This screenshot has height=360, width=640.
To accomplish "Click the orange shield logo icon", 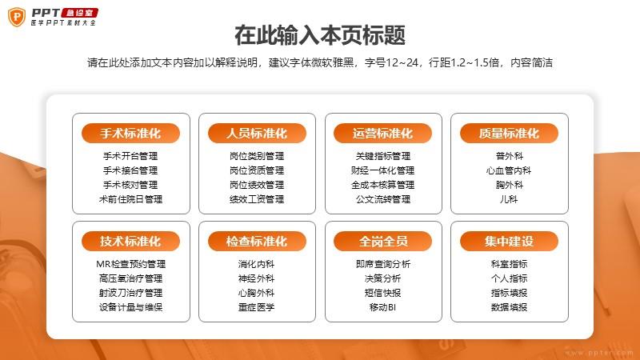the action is (17, 17).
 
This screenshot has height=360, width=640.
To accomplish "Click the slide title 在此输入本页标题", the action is (320, 34).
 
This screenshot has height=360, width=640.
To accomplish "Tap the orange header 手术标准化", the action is (130, 134).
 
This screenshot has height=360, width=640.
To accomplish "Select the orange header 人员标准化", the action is (257, 134).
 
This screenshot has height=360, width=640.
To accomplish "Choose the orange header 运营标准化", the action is (382, 134).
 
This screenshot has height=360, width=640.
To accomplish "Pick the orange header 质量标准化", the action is (509, 134).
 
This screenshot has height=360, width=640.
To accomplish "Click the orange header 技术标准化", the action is (130, 242).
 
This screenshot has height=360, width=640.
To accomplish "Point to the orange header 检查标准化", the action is (257, 242).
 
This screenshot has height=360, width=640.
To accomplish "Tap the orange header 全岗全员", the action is (382, 242).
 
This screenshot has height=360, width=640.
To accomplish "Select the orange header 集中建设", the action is (509, 242).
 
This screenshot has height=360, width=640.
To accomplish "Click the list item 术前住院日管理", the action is (130, 199).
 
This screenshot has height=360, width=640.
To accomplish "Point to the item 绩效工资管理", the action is (257, 199).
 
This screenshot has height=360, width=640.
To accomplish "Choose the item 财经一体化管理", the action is (383, 170).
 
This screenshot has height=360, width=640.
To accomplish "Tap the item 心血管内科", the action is (509, 170).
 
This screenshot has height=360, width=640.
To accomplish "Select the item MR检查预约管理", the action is (130, 264).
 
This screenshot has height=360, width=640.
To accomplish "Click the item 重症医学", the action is (257, 307).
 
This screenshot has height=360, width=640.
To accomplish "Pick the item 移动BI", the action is (382, 307).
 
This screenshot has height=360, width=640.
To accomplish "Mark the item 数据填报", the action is (509, 307).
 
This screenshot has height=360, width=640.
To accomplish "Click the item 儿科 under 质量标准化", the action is (509, 199).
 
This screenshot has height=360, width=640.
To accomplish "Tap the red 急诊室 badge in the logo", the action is (79, 13).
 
